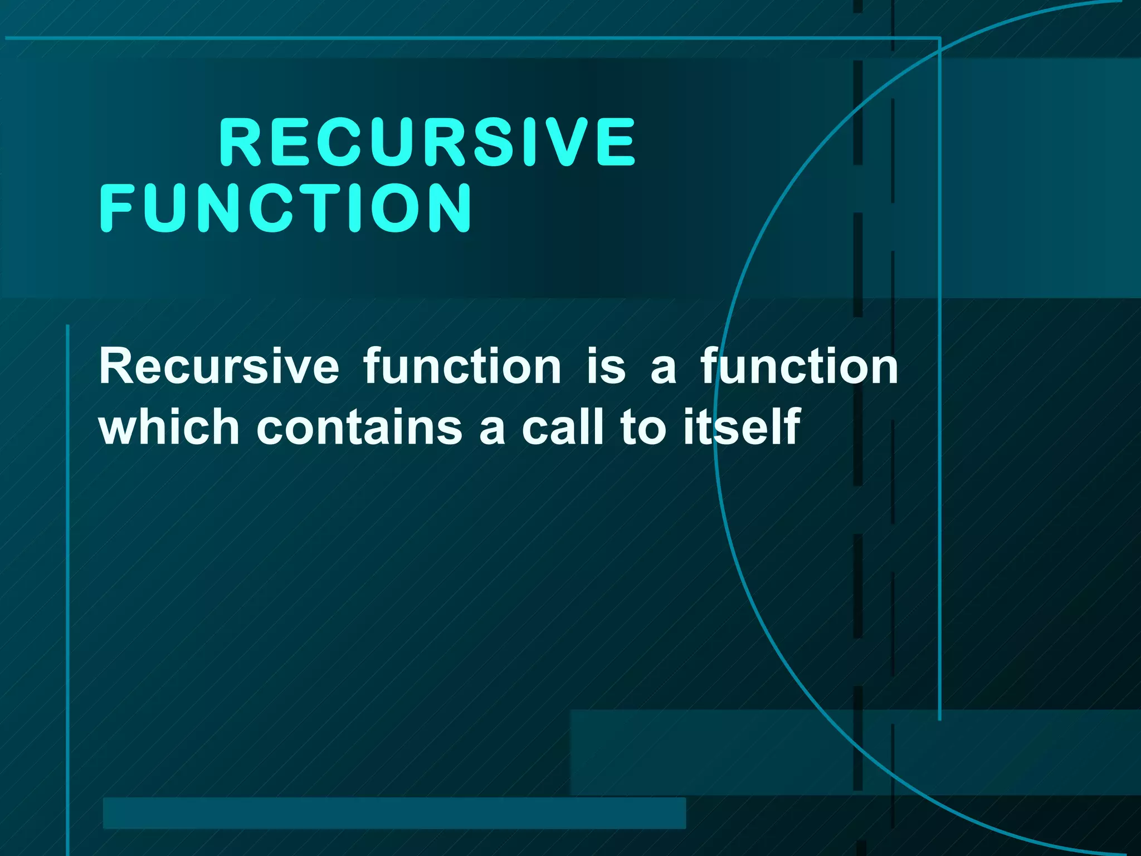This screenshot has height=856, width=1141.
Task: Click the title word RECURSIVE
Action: pyautogui.click(x=427, y=142)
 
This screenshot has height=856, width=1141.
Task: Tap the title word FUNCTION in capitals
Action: pyautogui.click(x=286, y=208)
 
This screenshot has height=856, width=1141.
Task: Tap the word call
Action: pyautogui.click(x=563, y=427)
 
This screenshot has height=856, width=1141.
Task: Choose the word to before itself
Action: pyautogui.click(x=643, y=427)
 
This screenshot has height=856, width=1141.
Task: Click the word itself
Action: pyautogui.click(x=742, y=427)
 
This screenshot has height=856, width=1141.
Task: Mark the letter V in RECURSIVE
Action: pyautogui.click(x=568, y=142)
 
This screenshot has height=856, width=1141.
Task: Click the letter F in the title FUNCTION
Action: pyautogui.click(x=116, y=208)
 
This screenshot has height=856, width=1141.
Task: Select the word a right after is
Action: pyautogui.click(x=663, y=368)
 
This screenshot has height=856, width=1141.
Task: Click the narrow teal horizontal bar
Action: pyautogui.click(x=394, y=813)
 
